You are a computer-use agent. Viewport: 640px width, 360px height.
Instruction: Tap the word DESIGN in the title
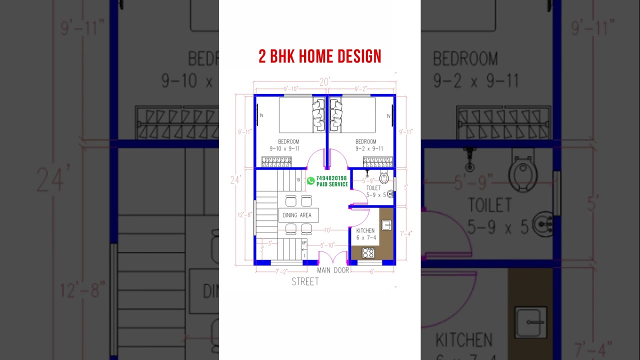[x=359, y=56]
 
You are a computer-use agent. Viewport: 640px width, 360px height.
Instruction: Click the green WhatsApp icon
[x=311, y=180]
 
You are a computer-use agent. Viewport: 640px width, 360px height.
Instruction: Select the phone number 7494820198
[x=331, y=178]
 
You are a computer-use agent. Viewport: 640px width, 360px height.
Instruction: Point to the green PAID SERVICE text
[x=332, y=184]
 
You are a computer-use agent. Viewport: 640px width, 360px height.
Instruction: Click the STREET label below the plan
[x=305, y=282]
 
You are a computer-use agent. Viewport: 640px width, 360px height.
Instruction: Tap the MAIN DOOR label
[x=333, y=270]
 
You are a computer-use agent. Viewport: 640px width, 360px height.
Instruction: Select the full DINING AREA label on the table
[x=297, y=215]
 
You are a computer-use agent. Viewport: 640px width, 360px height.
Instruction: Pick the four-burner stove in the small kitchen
[x=368, y=253]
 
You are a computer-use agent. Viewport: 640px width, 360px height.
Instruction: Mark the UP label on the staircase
[x=304, y=243]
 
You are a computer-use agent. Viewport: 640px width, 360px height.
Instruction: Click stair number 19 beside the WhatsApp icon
[x=298, y=180]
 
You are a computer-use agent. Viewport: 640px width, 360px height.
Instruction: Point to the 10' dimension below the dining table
[x=327, y=230]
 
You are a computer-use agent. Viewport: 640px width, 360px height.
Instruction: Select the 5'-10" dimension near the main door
[x=327, y=245]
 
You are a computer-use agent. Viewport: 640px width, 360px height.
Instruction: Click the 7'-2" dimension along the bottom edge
[x=282, y=271]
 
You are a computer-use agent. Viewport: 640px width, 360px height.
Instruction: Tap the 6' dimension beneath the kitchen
[x=372, y=271]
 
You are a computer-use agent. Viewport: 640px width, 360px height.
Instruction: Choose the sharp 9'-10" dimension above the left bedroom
[x=291, y=89]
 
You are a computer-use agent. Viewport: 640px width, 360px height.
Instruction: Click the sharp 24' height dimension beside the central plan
[x=236, y=179]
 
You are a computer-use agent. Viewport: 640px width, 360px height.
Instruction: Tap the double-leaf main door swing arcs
[x=333, y=257]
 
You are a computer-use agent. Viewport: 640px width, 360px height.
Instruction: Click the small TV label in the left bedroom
[x=261, y=115]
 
